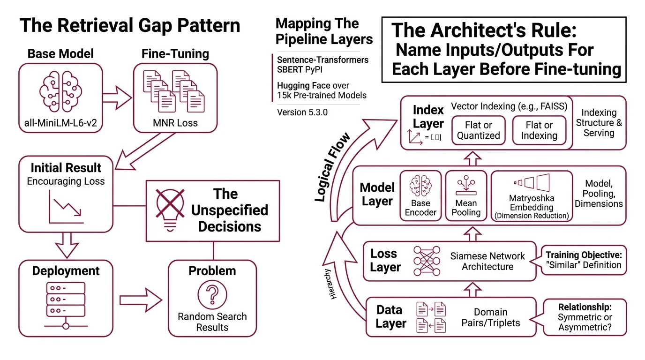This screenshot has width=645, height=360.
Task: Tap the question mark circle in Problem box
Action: point(212,295)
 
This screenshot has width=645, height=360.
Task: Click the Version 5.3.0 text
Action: point(302,112)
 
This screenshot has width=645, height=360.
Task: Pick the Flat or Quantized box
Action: point(479,130)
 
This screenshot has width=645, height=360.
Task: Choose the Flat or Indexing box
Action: point(539,130)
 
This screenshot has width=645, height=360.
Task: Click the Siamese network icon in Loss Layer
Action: point(427,261)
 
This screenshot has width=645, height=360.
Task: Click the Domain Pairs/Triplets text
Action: point(490,317)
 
